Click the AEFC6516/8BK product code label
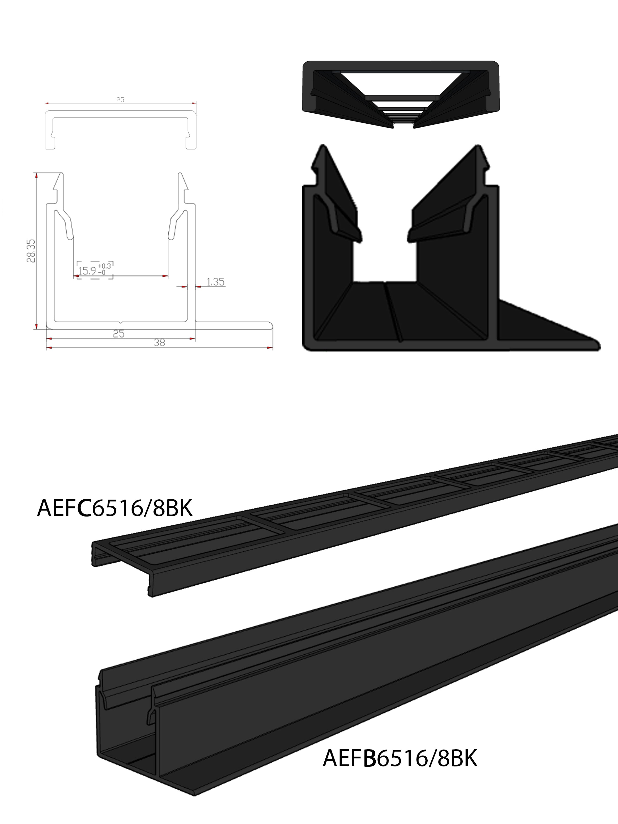coord(115,508)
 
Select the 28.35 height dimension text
coord(31,251)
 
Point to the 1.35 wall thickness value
coord(216,282)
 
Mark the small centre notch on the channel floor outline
coord(120,321)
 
